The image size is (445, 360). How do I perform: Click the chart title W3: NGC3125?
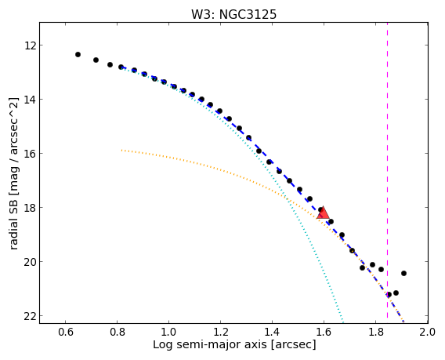click(x=233, y=14)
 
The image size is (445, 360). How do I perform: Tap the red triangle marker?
click(x=323, y=213)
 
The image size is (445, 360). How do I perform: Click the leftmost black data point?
click(x=78, y=55)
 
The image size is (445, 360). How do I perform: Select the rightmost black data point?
click(x=403, y=274)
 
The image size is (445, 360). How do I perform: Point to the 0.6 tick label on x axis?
click(x=65, y=332)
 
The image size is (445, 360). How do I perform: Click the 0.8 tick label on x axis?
click(x=118, y=332)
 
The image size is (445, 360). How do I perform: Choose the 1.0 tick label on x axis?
click(x=169, y=332)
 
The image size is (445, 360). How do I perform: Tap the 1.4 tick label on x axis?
click(x=272, y=332)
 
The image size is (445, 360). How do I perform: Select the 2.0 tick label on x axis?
click(x=428, y=332)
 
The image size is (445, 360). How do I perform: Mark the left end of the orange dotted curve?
click(x=121, y=150)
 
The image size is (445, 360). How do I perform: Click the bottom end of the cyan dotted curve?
click(x=343, y=322)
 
